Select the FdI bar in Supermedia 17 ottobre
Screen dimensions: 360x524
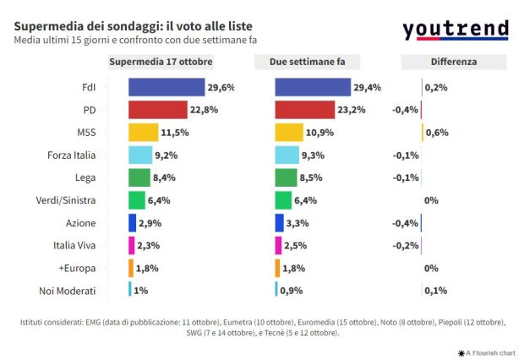point(166,87)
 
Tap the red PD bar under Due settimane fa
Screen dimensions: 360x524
point(305,110)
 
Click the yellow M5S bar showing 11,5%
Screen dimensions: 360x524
point(143,133)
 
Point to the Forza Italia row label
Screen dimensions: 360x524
point(72,155)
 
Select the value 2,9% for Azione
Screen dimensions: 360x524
point(150,223)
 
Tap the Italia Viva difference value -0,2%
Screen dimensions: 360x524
point(406,245)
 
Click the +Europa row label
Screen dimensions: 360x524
point(77,268)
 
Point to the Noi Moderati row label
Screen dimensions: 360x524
point(68,291)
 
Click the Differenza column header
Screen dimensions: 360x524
point(453,62)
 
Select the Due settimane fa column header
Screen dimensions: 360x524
point(307,62)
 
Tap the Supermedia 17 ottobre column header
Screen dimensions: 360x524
point(162,62)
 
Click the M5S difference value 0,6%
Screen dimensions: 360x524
point(437,133)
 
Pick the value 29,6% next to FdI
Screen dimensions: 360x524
point(221,87)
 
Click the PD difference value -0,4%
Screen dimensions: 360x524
point(406,110)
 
